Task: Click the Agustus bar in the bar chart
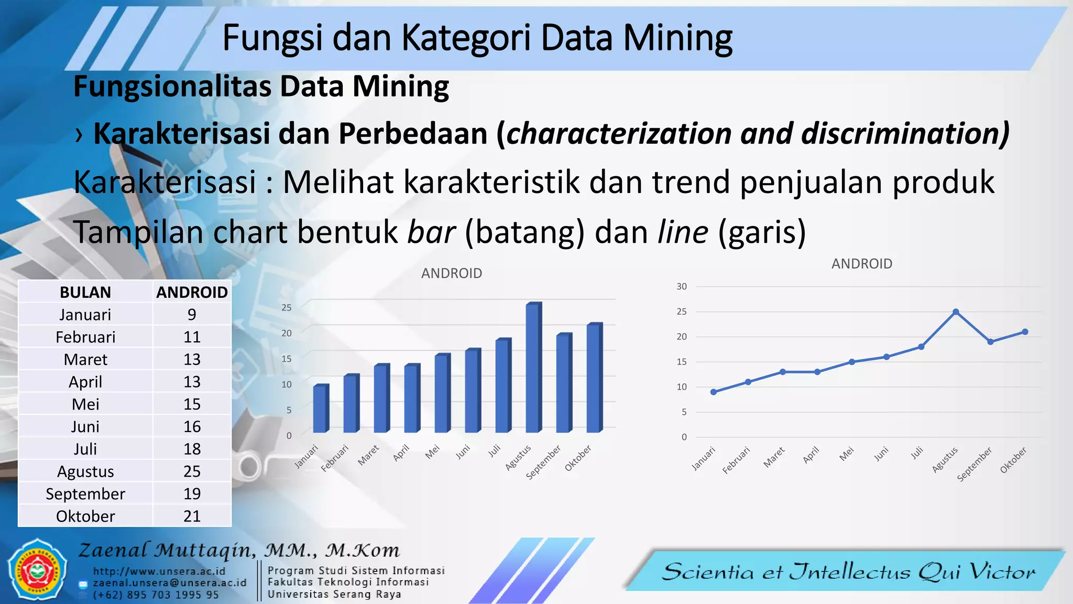[533, 368]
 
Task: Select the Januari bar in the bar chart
[321, 409]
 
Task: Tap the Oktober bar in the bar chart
[594, 378]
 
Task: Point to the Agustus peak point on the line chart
[956, 312]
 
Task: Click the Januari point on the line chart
[714, 392]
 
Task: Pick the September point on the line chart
[990, 342]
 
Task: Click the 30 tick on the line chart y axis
[681, 286]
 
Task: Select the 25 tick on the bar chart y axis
[286, 307]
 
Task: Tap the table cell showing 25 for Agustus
[192, 471]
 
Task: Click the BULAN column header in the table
[85, 292]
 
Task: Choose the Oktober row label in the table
[85, 516]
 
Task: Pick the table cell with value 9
[192, 315]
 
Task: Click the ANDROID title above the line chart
[862, 264]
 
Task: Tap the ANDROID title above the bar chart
[452, 273]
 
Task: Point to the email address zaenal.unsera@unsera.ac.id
[170, 583]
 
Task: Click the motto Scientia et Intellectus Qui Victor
[849, 571]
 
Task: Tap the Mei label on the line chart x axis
[847, 454]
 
